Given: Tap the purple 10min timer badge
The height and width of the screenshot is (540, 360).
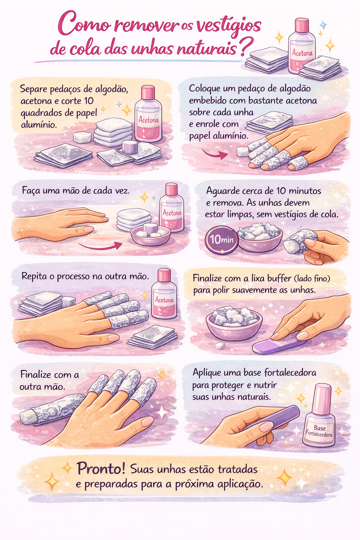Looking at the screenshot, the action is (x=221, y=239).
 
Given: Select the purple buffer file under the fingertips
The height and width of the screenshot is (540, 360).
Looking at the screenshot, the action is (x=279, y=343).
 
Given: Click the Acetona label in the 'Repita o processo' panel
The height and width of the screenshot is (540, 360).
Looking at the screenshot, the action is (x=165, y=300).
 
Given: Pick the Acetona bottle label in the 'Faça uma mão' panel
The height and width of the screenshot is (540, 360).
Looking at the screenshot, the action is (x=172, y=213).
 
